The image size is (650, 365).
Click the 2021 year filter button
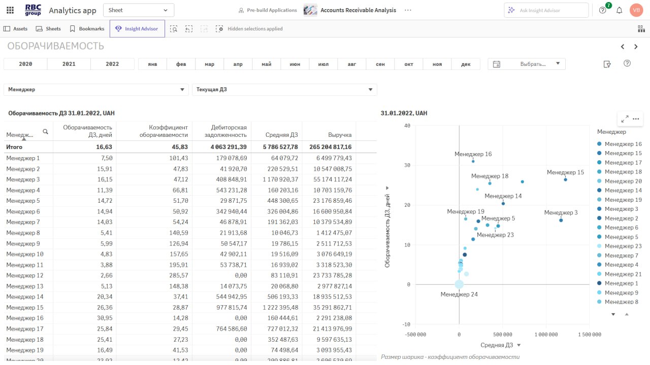point(69,64)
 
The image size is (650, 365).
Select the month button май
point(267,64)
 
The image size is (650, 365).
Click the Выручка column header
point(340,135)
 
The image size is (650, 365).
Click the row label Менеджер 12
point(25,275)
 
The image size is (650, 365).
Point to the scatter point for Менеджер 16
point(473,161)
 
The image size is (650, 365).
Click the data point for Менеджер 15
point(565,179)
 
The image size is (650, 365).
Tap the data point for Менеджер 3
point(561,220)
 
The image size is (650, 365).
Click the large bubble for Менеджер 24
point(459,284)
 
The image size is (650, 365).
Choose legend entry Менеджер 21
point(623,274)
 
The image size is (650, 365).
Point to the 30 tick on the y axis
point(407,165)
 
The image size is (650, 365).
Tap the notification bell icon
point(619,10)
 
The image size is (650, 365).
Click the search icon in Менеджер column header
point(45,132)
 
